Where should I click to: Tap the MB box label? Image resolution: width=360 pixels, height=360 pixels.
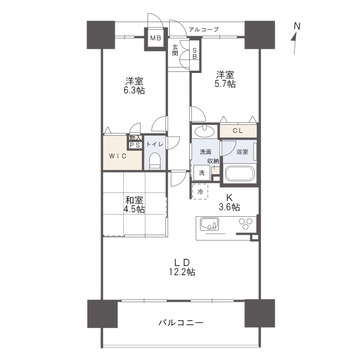click(x=156, y=39)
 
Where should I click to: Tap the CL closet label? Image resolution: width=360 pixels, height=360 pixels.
click(x=239, y=131)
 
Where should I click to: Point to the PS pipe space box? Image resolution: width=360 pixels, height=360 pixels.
click(x=134, y=142)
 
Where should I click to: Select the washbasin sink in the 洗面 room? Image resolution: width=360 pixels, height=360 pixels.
click(x=204, y=134)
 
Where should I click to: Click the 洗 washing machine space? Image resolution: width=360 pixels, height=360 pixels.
click(x=200, y=173)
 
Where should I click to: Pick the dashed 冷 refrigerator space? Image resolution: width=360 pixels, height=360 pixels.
click(x=199, y=191)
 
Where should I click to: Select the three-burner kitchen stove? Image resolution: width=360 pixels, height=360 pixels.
click(x=243, y=224)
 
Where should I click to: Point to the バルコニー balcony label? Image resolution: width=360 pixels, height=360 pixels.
click(x=181, y=324)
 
